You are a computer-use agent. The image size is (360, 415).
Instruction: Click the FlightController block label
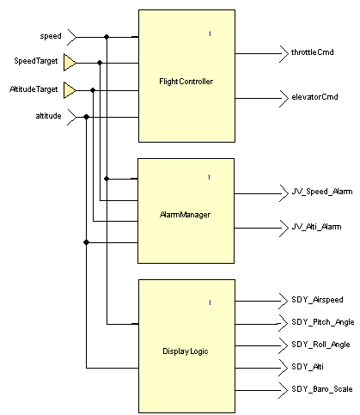186,82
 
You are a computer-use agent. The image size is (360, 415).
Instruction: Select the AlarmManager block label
185,215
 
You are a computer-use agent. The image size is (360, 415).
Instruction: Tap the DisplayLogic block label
186,351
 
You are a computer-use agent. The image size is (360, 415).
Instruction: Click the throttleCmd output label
313,52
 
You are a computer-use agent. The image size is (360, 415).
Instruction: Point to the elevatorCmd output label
314,97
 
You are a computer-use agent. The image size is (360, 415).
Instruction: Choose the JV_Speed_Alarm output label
322,192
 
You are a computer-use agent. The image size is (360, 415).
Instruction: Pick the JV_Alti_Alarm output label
316,227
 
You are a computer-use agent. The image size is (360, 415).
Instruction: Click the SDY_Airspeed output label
317,300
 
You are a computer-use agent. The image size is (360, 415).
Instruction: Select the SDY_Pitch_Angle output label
323,322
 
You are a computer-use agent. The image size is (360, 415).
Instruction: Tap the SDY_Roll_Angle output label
320,345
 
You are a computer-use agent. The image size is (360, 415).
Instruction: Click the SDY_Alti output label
308,367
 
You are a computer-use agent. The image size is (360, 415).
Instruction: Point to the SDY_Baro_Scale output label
322,389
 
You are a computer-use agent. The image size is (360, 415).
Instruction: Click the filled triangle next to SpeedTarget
70,63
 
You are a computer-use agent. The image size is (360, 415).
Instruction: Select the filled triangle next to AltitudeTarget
70,90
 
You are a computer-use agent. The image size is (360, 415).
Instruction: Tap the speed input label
51,36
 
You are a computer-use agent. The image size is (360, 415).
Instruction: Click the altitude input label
48,116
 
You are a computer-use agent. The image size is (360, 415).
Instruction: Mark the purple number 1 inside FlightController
210,34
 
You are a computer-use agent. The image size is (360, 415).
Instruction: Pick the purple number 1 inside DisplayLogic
210,302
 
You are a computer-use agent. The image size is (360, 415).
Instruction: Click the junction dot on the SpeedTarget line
100,63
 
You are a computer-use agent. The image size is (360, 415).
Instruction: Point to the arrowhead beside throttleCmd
284,53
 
